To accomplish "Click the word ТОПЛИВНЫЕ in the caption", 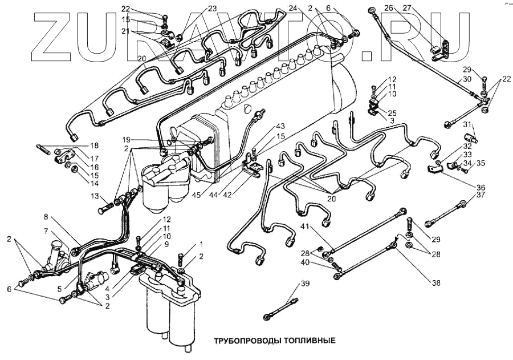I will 308,341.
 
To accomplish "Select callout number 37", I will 481,195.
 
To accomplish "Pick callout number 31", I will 466,125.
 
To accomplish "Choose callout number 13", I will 95,196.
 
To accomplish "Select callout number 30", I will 466,79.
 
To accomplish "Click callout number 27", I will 406,8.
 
